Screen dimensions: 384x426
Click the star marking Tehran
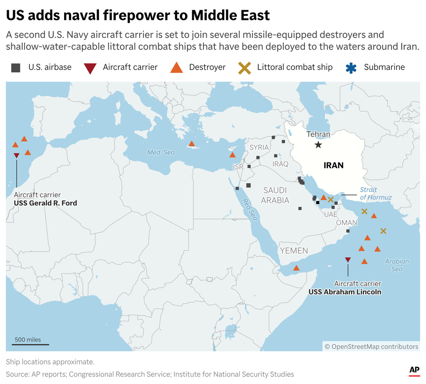pyautogui.click(x=318, y=145)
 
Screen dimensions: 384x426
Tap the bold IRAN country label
pyautogui.click(x=334, y=165)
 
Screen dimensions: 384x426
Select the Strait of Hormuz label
pyautogui.click(x=376, y=194)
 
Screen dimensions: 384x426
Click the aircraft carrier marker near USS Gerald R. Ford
pyautogui.click(x=16, y=155)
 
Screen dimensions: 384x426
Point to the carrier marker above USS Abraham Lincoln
pyautogui.click(x=348, y=260)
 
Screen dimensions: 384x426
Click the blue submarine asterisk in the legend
pyautogui.click(x=352, y=67)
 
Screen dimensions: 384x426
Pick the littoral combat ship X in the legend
pyautogui.click(x=245, y=67)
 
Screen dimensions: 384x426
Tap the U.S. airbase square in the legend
pyautogui.click(x=16, y=67)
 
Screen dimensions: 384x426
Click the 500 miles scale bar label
pyautogui.click(x=28, y=339)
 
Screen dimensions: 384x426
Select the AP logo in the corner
pyautogui.click(x=414, y=370)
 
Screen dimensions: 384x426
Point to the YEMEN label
pyautogui.click(x=294, y=251)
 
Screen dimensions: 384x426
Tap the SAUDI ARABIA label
pyautogui.click(x=275, y=195)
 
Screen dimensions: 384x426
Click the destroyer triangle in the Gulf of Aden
pyautogui.click(x=296, y=268)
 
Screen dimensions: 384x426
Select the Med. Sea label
pyautogui.click(x=161, y=152)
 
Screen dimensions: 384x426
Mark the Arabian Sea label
pyautogui.click(x=396, y=265)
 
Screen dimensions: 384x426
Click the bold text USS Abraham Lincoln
pyautogui.click(x=344, y=292)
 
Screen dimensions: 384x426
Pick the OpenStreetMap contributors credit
pyautogui.click(x=371, y=347)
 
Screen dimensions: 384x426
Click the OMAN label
pyautogui.click(x=347, y=222)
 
